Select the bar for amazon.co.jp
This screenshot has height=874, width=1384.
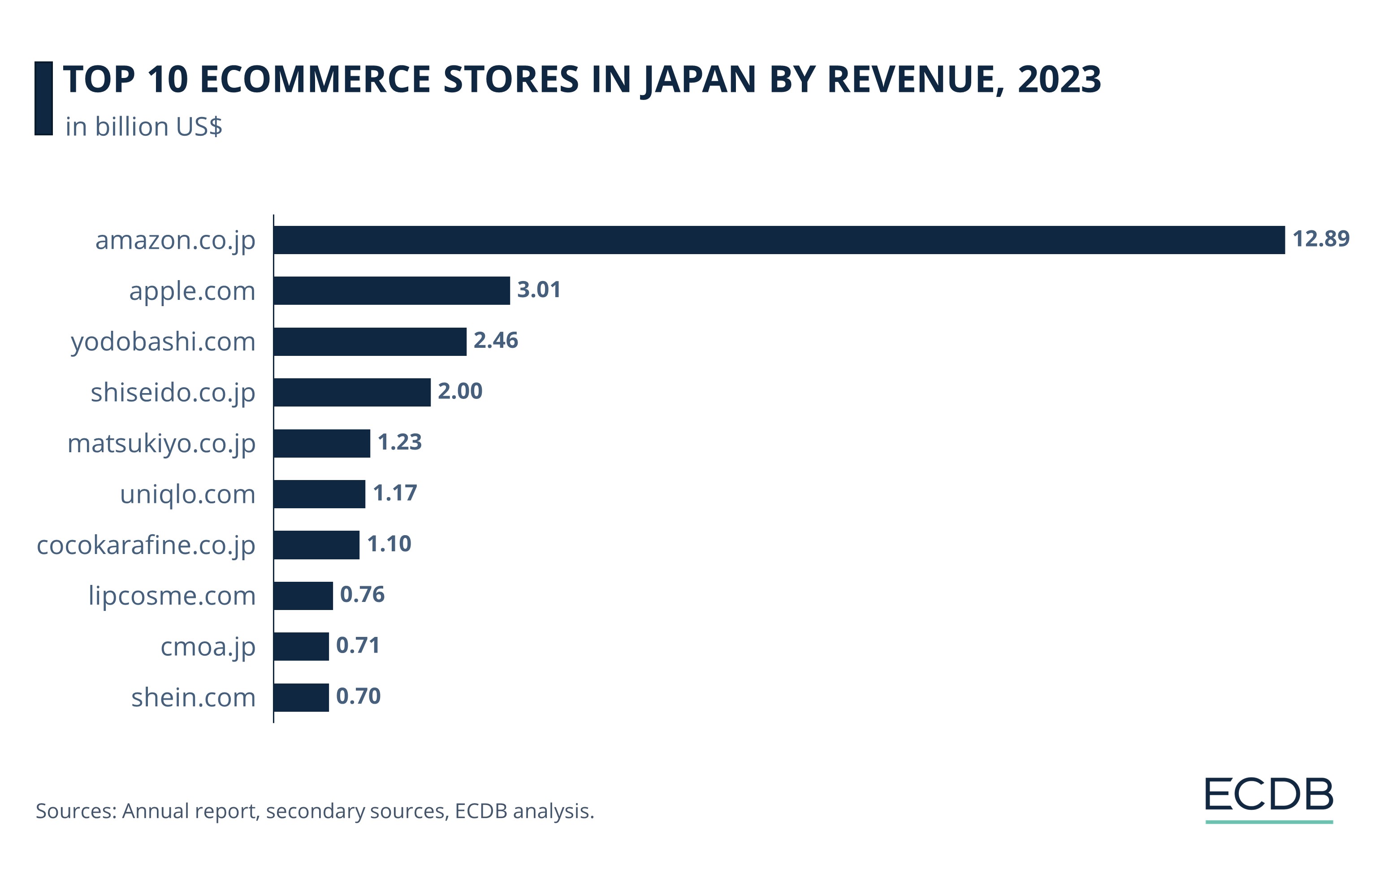pyautogui.click(x=779, y=240)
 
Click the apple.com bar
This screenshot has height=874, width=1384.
pyautogui.click(x=391, y=291)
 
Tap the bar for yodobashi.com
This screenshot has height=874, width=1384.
pyautogui.click(x=370, y=342)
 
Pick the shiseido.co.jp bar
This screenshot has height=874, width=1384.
pyautogui.click(x=352, y=393)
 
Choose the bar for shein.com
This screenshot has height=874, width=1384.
pyautogui.click(x=301, y=697)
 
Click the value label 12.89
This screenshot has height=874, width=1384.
pyautogui.click(x=1320, y=239)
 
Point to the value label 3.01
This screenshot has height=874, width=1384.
pyautogui.click(x=539, y=290)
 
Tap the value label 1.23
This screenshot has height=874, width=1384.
pyautogui.click(x=399, y=442)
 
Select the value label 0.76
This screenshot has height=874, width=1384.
pyautogui.click(x=362, y=595)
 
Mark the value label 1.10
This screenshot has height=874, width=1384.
pyautogui.click(x=389, y=544)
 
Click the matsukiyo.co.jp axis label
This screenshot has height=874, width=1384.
pyautogui.click(x=161, y=444)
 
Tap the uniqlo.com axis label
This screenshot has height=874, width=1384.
pyautogui.click(x=187, y=495)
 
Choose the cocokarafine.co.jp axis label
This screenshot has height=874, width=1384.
pyautogui.click(x=146, y=546)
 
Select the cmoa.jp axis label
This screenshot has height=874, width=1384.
pyautogui.click(x=208, y=648)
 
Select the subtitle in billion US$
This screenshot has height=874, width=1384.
pyautogui.click(x=144, y=127)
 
